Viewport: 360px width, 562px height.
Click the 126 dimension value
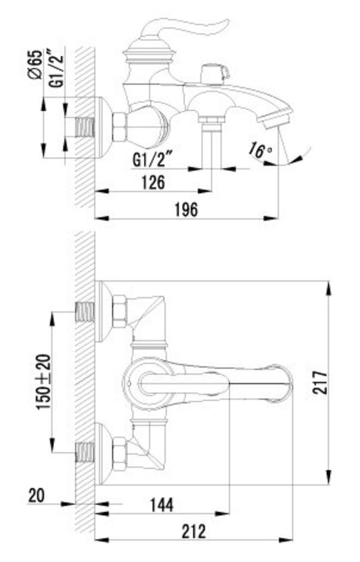tap(154, 182)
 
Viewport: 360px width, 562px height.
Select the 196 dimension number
tap(186, 209)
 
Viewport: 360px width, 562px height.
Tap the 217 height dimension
tap(320, 383)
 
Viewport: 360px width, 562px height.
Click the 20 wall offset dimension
tap(36, 496)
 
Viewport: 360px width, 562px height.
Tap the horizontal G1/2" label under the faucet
tap(153, 160)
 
